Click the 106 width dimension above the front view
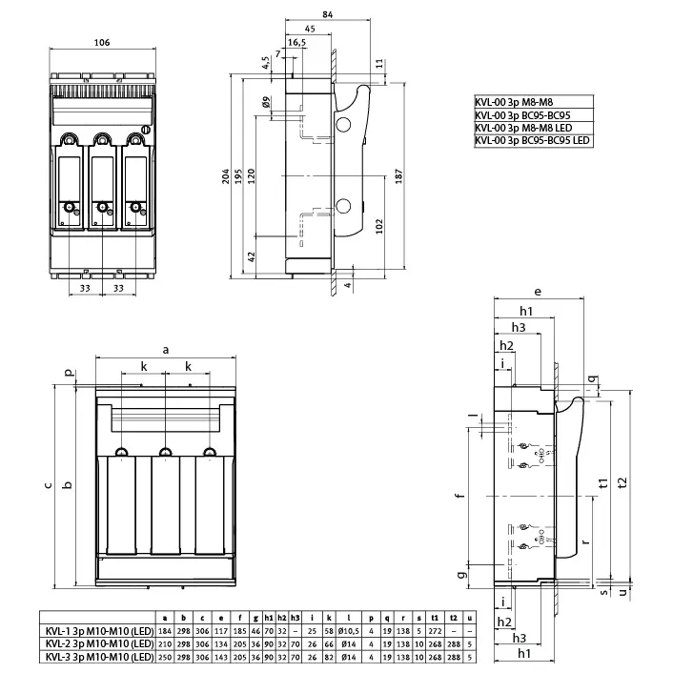[x=102, y=42]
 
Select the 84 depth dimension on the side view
[x=300, y=14]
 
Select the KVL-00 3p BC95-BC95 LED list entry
[x=533, y=140]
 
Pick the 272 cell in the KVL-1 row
[x=434, y=632]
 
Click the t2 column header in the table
[x=453, y=619]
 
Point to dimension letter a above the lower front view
[x=166, y=351]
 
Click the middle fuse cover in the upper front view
[x=99, y=181]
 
